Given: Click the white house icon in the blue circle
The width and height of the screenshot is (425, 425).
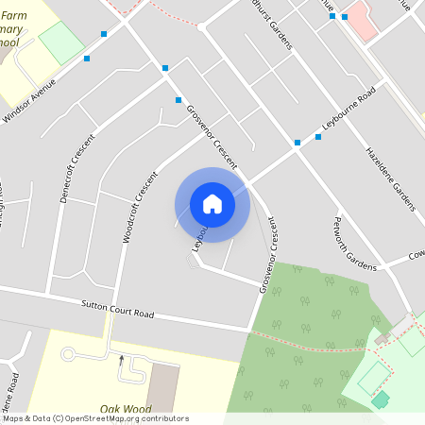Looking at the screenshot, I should coord(212,204).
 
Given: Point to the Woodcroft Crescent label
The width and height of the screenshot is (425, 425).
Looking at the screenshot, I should coord(139,207).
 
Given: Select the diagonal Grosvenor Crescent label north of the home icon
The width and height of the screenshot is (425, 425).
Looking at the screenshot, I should coord(211,135).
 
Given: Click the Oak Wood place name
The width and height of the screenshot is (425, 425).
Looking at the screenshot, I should coord(126,410).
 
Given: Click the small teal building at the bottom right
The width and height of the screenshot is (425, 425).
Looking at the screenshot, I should coord(381,399).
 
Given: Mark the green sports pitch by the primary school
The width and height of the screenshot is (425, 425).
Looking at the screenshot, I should coord(61,42).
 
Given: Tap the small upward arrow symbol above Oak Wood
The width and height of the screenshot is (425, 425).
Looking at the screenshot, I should coord(121,359).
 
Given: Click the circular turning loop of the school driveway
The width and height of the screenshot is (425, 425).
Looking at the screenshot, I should coord(68,354).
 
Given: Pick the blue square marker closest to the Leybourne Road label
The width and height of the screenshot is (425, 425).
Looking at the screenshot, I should coord(318,137).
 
